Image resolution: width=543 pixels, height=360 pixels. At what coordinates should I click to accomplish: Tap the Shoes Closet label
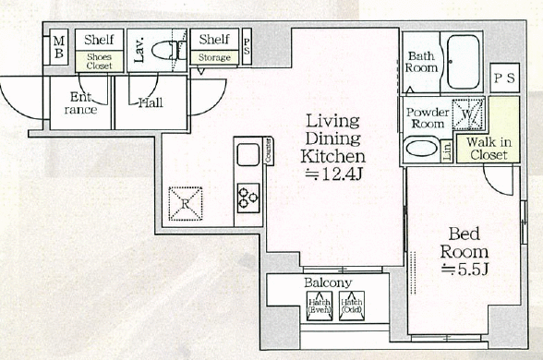[99, 60]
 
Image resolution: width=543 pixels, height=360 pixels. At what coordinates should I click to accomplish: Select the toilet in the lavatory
[166, 50]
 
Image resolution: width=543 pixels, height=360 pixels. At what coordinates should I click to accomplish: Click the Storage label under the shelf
[213, 58]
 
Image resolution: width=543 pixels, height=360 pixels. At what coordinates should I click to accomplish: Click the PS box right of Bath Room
[504, 78]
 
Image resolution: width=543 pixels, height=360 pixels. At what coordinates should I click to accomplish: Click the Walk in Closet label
[487, 149]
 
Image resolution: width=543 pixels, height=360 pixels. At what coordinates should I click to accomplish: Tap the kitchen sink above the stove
[248, 156]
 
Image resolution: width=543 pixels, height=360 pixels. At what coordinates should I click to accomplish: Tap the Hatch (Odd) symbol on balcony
[351, 304]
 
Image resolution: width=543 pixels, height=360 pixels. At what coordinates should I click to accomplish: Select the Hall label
[150, 102]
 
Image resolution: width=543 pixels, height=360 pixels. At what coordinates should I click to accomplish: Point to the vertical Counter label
[268, 150]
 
